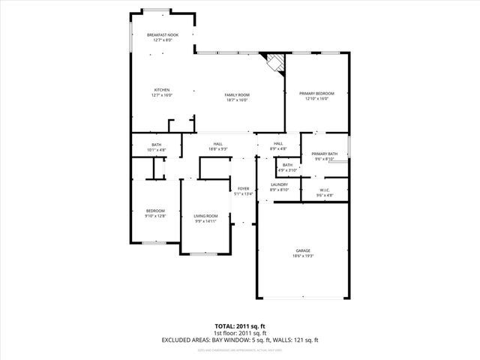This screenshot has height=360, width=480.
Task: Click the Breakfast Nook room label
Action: [163, 35]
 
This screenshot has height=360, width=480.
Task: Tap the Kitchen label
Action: [162, 90]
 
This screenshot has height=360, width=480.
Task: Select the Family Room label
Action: [238, 94]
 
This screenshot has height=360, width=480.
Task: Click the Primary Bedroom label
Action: [316, 93]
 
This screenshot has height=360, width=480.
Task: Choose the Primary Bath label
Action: [325, 154]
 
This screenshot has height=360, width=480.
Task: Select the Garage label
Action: [303, 250]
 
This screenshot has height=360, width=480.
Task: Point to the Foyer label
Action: [243, 188]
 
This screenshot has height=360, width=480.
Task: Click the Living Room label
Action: [205, 216]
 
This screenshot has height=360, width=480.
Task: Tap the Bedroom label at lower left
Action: [155, 211]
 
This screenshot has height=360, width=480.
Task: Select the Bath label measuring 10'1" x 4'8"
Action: [156, 145]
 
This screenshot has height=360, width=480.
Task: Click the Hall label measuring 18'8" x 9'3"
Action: [217, 144]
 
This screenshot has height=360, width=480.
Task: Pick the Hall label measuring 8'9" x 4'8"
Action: [277, 144]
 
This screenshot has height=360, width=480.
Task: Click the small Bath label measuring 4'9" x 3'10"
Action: [287, 165]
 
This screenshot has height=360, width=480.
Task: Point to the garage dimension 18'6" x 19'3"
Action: [303, 256]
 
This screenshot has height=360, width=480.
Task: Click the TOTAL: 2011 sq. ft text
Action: [239, 327]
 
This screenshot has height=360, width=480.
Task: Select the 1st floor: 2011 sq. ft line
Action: [239, 334]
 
